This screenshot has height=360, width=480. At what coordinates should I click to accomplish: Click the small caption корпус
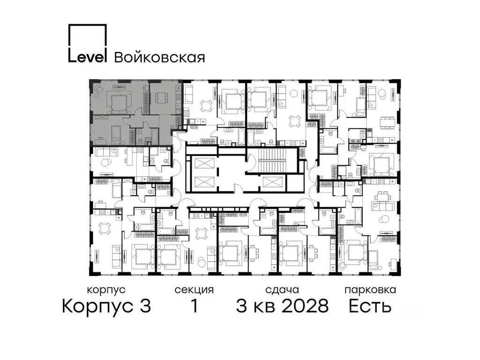pos(106,290)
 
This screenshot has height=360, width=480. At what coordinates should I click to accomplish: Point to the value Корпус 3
pos(106,307)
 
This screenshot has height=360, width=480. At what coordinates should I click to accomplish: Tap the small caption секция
pos(194,290)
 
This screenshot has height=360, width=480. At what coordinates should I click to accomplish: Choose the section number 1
pos(194,307)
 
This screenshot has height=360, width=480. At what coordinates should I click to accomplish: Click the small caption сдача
pos(281,290)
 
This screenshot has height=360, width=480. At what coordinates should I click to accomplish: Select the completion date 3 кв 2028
pos(282,307)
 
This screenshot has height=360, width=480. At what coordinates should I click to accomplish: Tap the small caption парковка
pos(370,290)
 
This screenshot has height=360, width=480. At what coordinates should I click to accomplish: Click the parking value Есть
pos(370,307)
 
